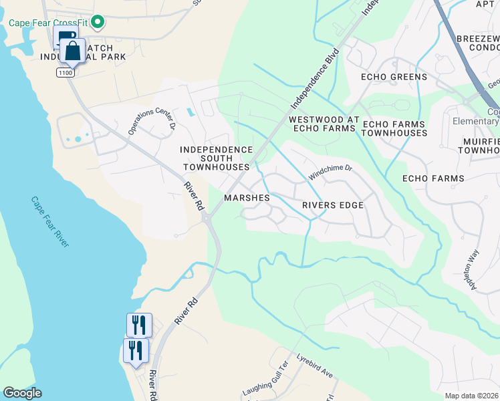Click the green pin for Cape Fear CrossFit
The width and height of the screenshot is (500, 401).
coord(98,23)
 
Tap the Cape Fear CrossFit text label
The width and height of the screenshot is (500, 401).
coord(48,23)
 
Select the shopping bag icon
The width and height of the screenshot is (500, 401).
coord(72,50)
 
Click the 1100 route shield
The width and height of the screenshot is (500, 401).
coord(65,72)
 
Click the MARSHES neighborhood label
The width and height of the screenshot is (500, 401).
coord(247,198)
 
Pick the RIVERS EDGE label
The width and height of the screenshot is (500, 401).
coord(332,205)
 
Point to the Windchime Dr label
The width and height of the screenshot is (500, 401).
coord(330,172)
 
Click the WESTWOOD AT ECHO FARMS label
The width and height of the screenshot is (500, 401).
coord(320,124)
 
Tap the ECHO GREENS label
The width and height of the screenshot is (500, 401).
coord(394,77)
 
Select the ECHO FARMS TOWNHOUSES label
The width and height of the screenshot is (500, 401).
coord(394,128)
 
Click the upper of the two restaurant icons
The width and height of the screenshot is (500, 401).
coord(139,325)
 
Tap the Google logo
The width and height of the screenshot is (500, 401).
coord(22,393)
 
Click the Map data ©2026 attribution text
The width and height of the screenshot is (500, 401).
coord(472,396)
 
